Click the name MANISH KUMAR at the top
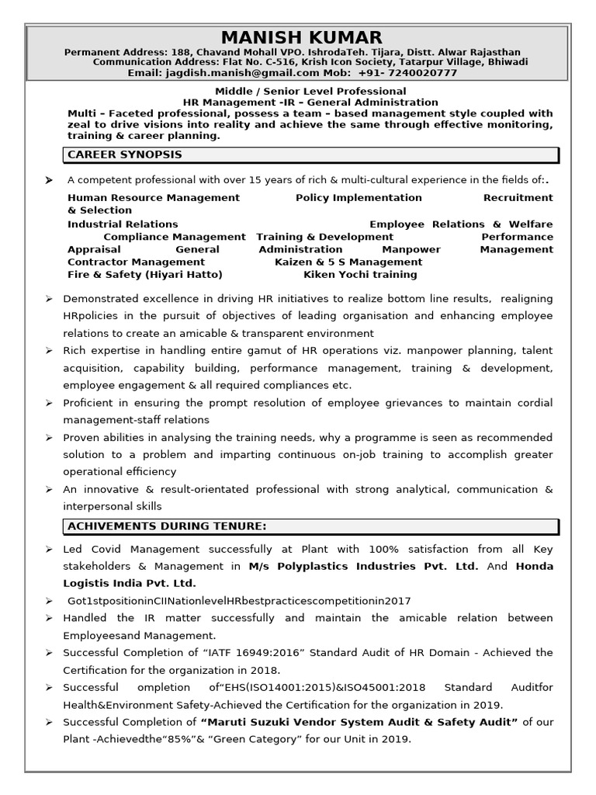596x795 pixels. click(x=302, y=37)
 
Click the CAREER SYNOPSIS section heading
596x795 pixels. click(x=125, y=154)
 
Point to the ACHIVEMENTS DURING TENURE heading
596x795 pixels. click(x=167, y=526)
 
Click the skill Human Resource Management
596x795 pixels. click(x=154, y=198)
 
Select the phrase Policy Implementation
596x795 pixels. click(x=359, y=198)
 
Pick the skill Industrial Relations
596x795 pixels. click(x=123, y=224)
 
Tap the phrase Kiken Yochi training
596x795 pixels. click(x=360, y=274)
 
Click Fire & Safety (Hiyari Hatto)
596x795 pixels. click(x=145, y=274)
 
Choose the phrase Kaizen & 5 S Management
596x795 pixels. click(x=348, y=262)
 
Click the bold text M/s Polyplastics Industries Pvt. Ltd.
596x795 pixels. click(x=363, y=566)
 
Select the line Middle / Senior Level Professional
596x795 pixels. click(x=310, y=92)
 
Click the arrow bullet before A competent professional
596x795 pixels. click(x=49, y=180)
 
